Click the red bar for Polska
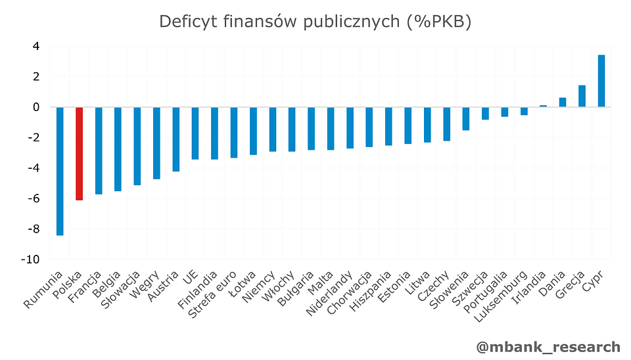click(80, 153)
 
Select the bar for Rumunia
click(60, 171)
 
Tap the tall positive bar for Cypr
click(601, 81)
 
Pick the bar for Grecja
click(582, 96)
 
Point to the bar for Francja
click(99, 150)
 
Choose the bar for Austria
click(176, 139)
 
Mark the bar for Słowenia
click(466, 118)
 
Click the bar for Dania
click(563, 102)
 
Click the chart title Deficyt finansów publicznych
click(315, 22)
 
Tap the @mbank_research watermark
click(548, 346)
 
